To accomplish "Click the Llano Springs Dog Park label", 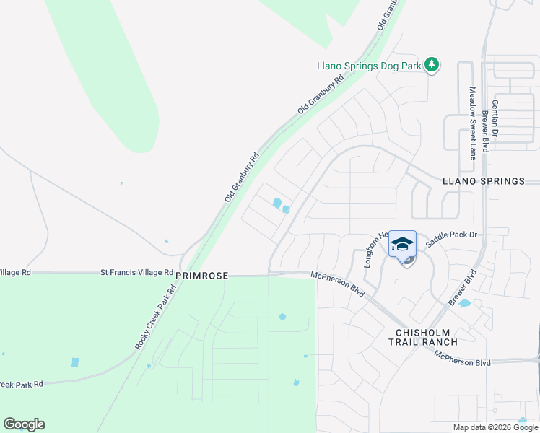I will click(369, 66).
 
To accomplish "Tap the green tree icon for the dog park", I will click(432, 66).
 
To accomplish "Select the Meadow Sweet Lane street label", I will click(473, 123).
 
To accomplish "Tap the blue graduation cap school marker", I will click(402, 243).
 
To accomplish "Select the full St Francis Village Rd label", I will click(136, 273).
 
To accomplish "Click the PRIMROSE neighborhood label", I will click(202, 276).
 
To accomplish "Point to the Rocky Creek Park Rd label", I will click(155, 317).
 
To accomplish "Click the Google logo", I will click(24, 424).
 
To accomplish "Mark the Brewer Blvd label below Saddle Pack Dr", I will click(463, 287).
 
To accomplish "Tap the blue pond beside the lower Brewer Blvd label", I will click(465, 304).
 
